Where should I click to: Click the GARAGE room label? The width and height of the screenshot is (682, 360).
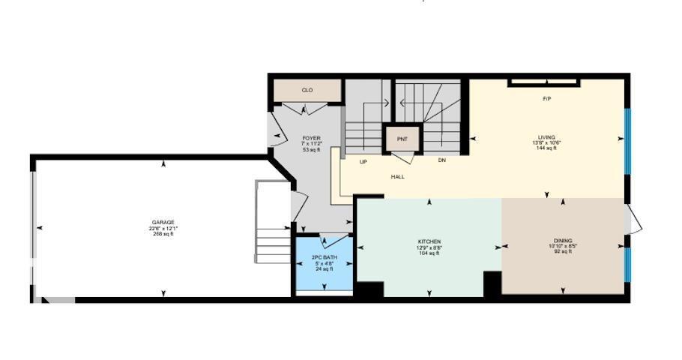coord(163,222)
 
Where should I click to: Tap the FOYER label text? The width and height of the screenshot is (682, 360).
coord(311,139)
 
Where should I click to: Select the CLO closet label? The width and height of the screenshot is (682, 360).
coord(307,90)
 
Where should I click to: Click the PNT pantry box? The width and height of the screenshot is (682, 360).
coord(402,139)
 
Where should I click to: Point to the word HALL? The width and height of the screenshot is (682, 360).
coord(397,177)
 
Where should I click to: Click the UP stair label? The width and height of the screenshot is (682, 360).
coord(363,161)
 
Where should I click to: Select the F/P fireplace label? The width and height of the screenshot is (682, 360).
coord(546,99)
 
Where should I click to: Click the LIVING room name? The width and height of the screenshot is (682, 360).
coord(546,138)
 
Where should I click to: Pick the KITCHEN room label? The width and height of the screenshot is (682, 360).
coord(429,241)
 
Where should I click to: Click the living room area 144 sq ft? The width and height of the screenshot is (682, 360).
coord(546,148)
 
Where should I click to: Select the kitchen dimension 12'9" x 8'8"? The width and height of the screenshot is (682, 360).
coord(429,247)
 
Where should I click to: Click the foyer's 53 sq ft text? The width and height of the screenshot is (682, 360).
coord(311,150)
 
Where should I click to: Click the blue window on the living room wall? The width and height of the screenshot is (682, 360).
coord(627,139)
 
